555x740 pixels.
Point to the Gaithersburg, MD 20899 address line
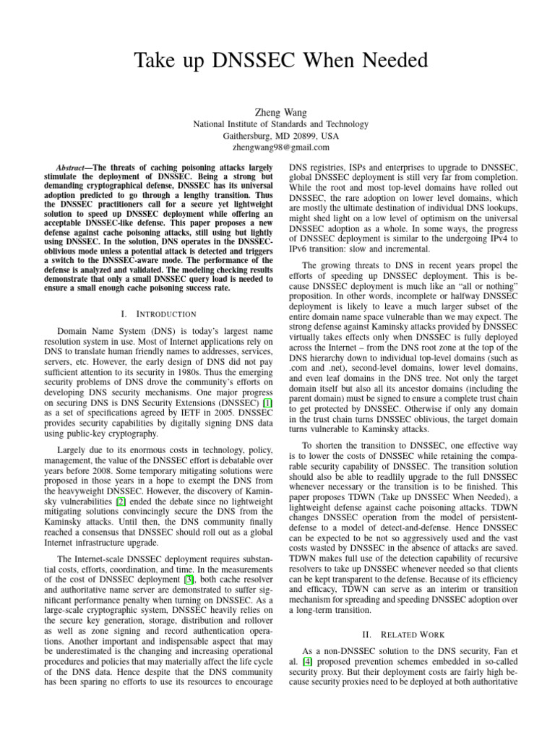[x=277, y=136]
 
